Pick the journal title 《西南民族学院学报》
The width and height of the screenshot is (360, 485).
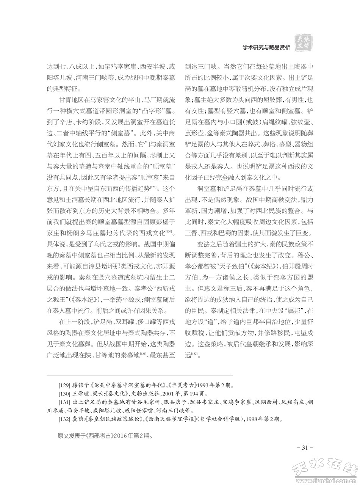point(173,419)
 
